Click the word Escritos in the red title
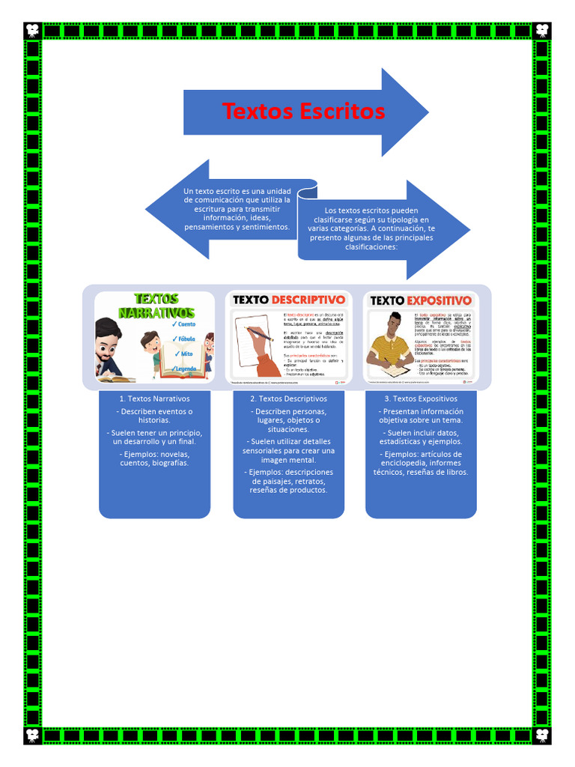click(342, 112)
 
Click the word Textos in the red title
click(258, 112)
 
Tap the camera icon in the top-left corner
click(33, 31)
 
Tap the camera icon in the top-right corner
click(542, 31)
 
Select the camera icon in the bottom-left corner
click(33, 735)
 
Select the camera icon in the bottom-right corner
click(542, 735)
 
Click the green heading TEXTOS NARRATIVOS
click(156, 306)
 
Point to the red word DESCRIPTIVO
click(308, 300)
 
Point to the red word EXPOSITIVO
click(440, 300)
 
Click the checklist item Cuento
click(186, 324)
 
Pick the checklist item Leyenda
click(186, 369)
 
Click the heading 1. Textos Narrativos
click(154, 399)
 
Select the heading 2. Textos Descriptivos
click(288, 399)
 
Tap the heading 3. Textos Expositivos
click(421, 399)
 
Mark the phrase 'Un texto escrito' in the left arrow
click(212, 191)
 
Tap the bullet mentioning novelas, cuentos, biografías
click(154, 458)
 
